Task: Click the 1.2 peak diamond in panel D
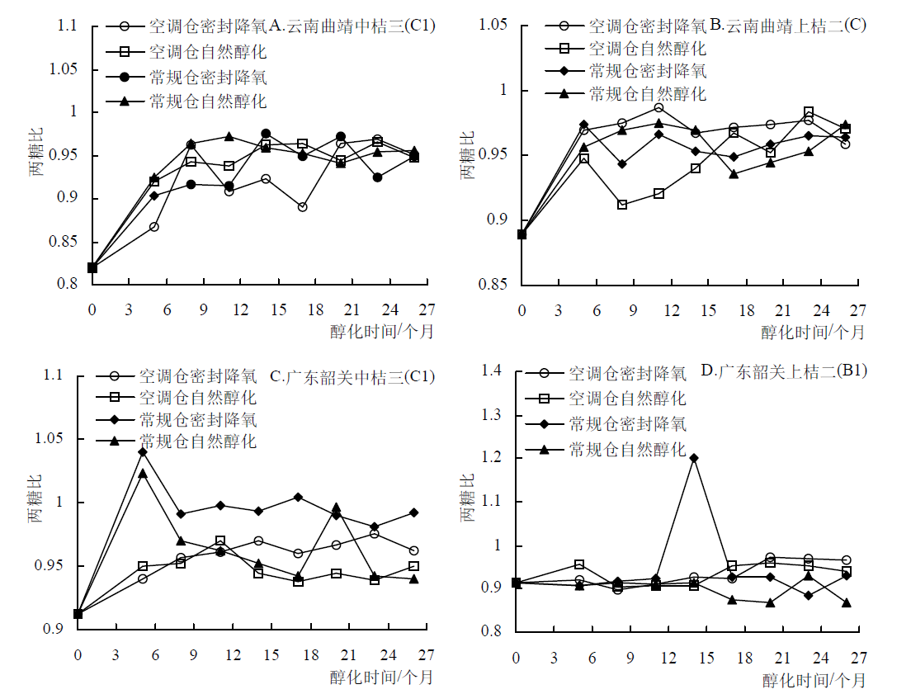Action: pos(694,458)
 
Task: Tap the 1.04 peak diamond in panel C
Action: pos(143,452)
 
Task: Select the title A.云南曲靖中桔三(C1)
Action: pos(352,26)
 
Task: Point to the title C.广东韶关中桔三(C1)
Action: pos(352,377)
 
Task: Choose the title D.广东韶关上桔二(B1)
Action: pos(784,371)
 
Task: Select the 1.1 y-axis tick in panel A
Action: pos(67,26)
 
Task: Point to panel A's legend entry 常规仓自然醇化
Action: pos(208,102)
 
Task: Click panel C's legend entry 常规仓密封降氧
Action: pos(198,419)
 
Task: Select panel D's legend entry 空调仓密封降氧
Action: pos(627,374)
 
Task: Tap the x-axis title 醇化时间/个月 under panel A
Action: pos(381,332)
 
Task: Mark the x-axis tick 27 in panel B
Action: pos(858,309)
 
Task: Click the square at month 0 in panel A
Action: pos(92,267)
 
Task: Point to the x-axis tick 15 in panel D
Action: pos(706,658)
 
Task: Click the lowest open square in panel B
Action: pos(621,205)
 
